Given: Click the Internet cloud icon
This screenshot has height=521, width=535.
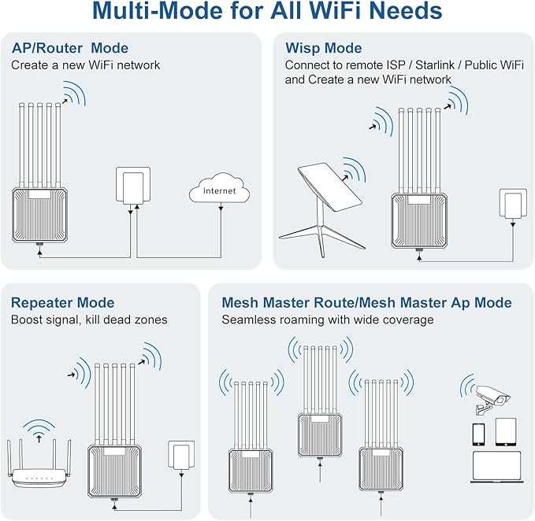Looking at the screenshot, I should [x=219, y=190].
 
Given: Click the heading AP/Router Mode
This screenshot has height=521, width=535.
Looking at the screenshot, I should [x=69, y=49].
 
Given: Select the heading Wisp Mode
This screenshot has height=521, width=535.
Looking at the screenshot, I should [x=323, y=49].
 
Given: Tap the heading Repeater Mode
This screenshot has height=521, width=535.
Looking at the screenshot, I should [x=62, y=303].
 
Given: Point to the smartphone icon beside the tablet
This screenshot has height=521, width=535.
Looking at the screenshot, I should [x=477, y=434].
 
